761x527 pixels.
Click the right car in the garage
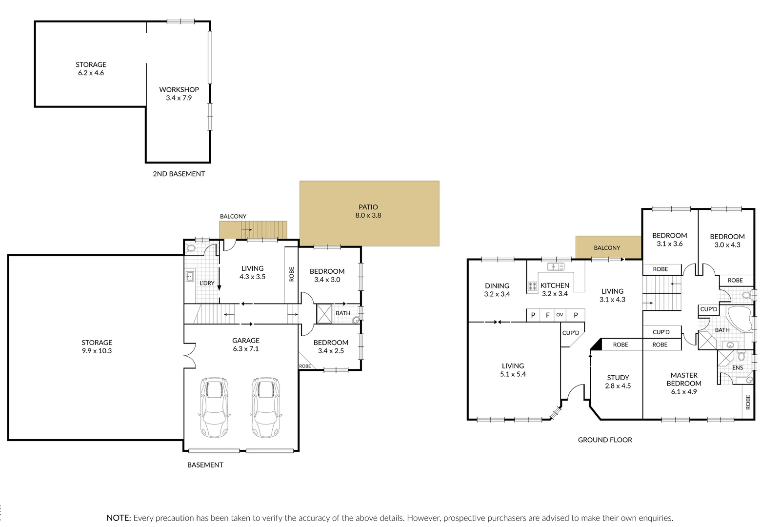pyautogui.click(x=265, y=407)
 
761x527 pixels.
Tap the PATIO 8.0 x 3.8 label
pyautogui.click(x=368, y=211)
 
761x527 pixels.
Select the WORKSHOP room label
pyautogui.click(x=179, y=90)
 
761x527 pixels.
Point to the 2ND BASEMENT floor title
pyautogui.click(x=179, y=174)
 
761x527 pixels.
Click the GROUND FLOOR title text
pyautogui.click(x=605, y=440)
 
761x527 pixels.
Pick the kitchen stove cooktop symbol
pyautogui.click(x=532, y=287)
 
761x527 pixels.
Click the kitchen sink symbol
pyautogui.click(x=556, y=266)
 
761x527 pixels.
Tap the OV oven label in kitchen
pyautogui.click(x=560, y=315)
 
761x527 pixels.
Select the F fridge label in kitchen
pyautogui.click(x=547, y=315)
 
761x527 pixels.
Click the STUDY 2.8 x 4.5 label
pyautogui.click(x=618, y=382)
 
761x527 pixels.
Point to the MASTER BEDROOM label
pyautogui.click(x=684, y=379)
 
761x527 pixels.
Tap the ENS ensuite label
pyautogui.click(x=738, y=367)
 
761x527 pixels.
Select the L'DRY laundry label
pyautogui.click(x=207, y=283)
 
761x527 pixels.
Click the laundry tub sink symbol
pyautogui.click(x=190, y=277)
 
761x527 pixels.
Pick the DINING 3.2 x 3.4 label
pyautogui.click(x=497, y=290)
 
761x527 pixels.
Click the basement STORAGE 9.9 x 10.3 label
pyautogui.click(x=97, y=346)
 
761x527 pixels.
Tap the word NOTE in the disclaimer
pyautogui.click(x=119, y=518)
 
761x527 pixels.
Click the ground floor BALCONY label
pyautogui.click(x=607, y=248)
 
